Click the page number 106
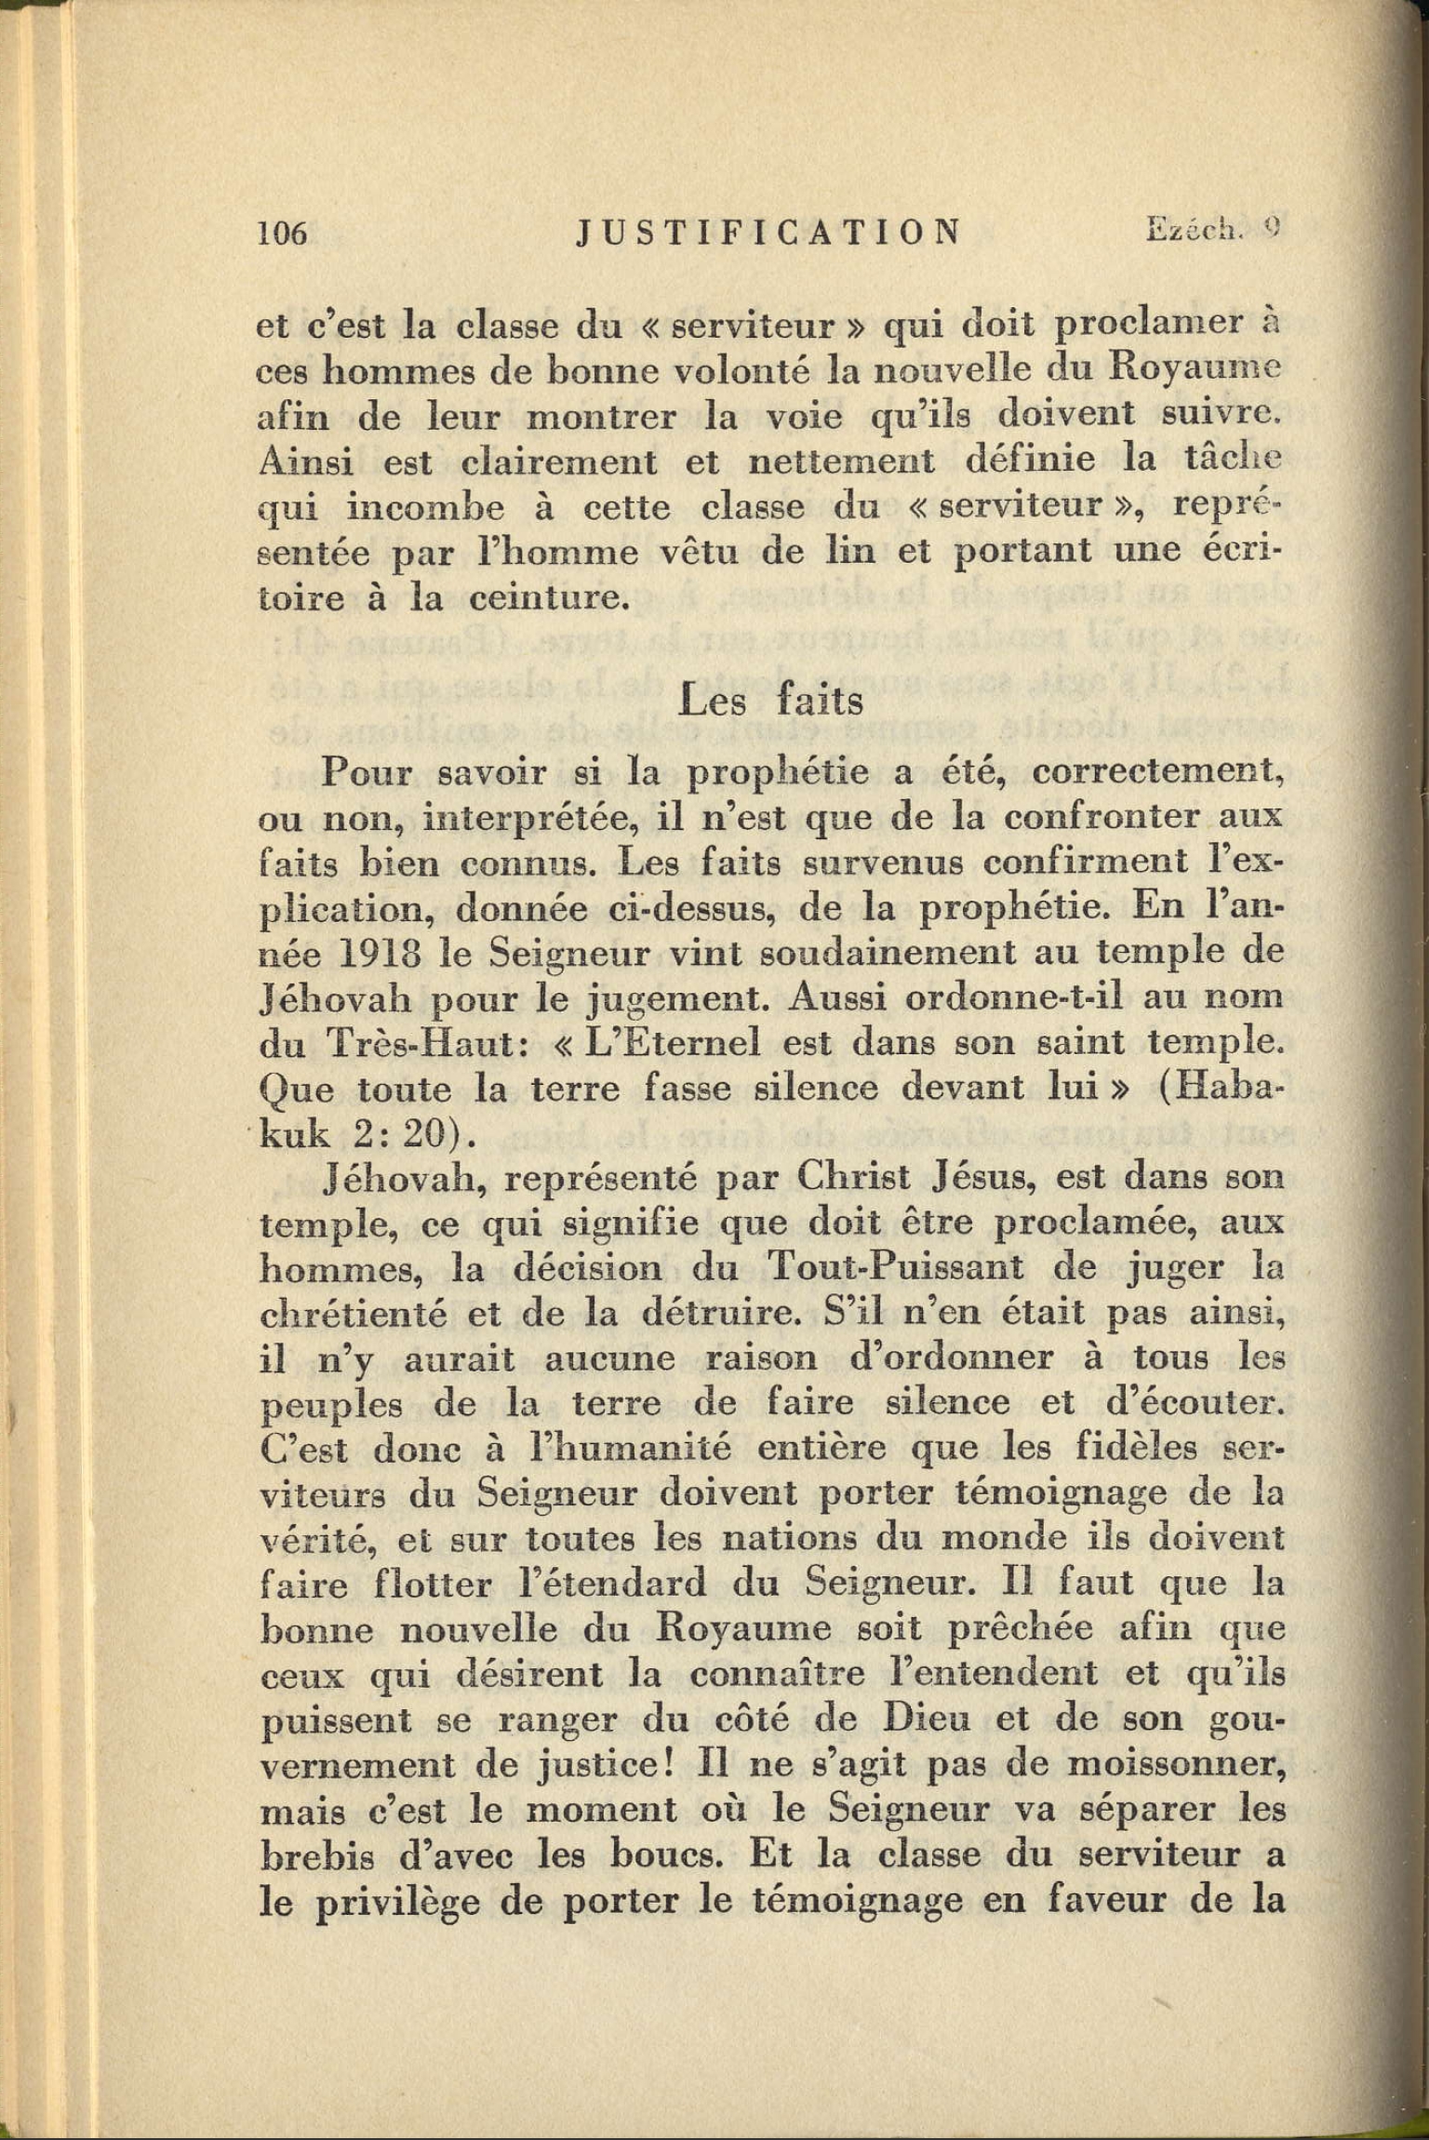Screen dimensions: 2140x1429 [282, 233]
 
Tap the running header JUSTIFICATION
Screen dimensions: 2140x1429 [768, 231]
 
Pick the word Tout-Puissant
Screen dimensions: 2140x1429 [897, 1267]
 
